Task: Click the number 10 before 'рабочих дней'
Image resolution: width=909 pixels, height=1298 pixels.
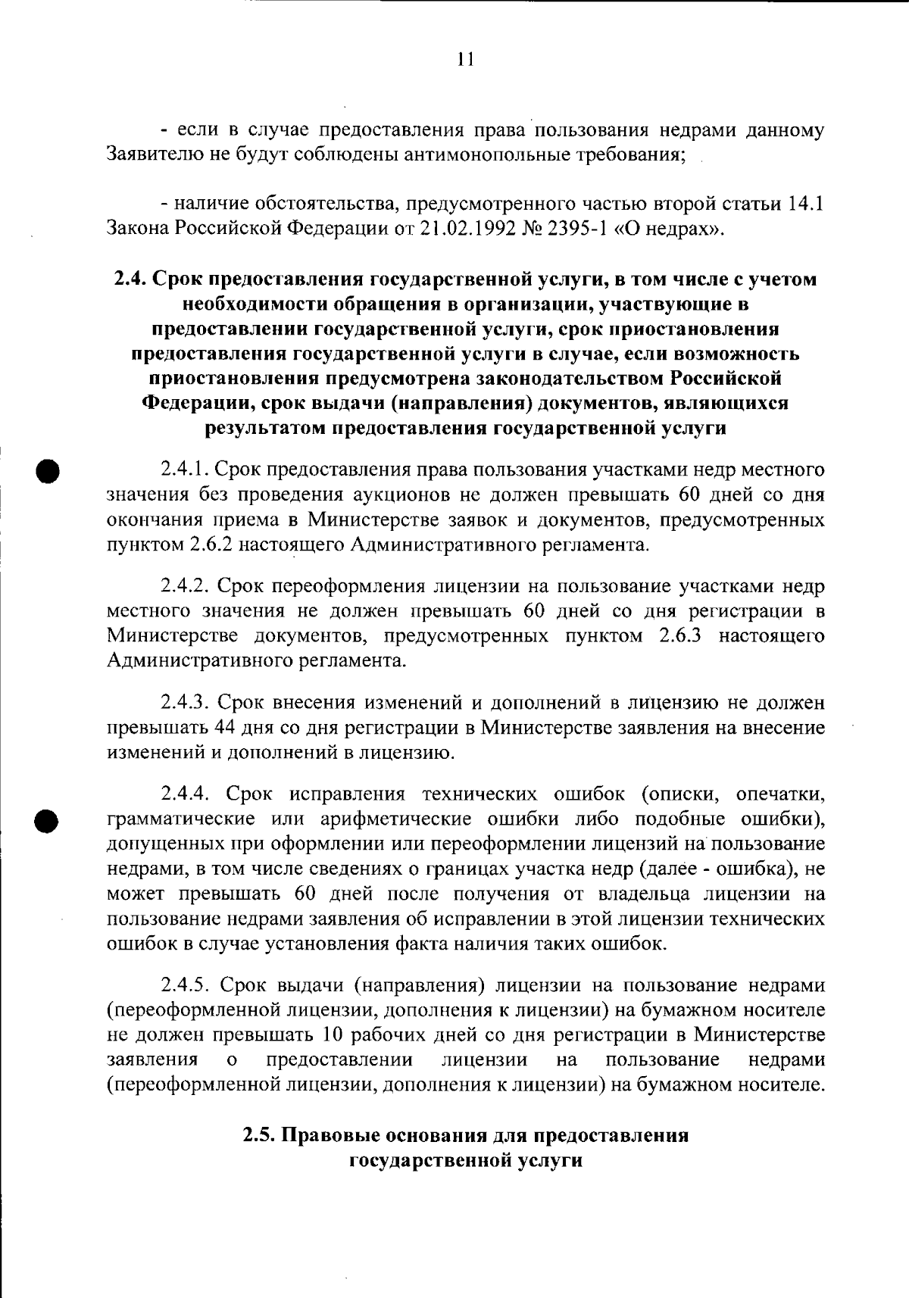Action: coord(333,1035)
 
